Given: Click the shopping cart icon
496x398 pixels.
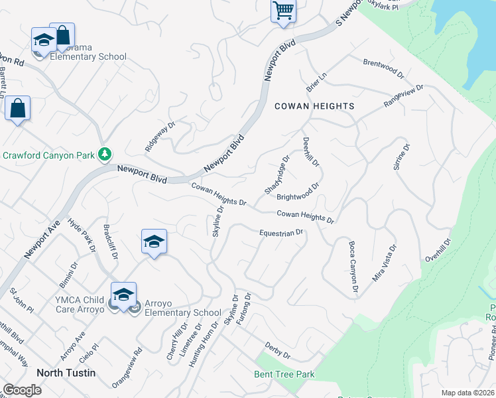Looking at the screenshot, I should point(283,11).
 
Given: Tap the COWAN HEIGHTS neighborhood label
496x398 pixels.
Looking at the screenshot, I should point(314,106).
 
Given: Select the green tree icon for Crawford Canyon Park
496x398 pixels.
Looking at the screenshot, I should point(104,155).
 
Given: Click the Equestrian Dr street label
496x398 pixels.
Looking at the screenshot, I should point(281,233).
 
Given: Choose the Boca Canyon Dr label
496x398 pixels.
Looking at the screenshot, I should point(353,267).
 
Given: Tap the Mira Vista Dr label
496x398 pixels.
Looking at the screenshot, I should point(384,263).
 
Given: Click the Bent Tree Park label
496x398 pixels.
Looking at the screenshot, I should point(284,374).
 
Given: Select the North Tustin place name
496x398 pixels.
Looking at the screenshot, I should point(66,373).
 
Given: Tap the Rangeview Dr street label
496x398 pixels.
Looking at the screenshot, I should point(403,97).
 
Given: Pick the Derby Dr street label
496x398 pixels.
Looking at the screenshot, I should point(277,350).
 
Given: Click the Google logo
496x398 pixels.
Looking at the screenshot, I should point(22,390).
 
